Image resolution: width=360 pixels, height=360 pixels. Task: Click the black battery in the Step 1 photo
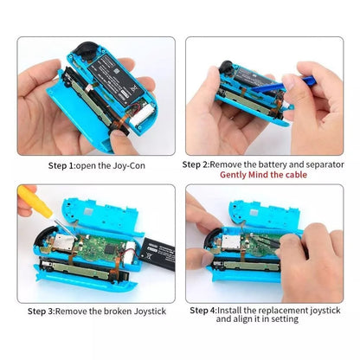click(x=101, y=61)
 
